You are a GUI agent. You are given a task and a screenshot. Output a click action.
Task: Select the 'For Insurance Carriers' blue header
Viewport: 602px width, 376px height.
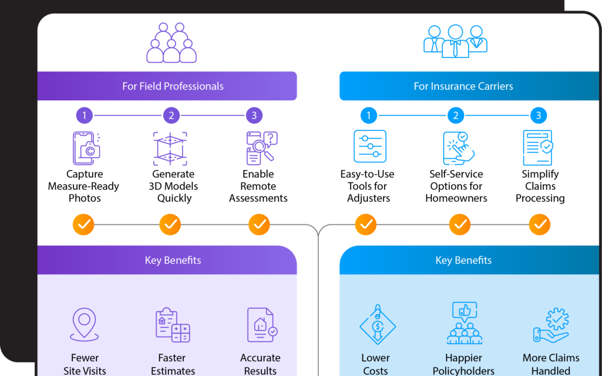463,86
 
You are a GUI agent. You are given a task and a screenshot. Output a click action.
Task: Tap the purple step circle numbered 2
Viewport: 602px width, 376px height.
171,115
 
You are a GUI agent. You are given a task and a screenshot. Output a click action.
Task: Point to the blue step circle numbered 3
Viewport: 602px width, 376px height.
538,115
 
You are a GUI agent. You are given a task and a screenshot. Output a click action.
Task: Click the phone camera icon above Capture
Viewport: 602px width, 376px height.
86,148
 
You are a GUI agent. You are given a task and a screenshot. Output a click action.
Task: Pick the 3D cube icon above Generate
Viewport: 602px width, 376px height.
170,148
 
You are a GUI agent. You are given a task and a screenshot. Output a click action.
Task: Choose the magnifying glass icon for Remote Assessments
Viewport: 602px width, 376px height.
261,148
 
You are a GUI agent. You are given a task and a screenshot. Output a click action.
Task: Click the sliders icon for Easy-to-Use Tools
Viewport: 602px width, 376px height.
370,147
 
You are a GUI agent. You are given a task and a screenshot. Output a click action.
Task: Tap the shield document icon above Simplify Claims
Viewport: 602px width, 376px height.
538,148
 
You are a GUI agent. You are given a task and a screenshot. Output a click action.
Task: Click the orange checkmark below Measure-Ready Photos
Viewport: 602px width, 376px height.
84,224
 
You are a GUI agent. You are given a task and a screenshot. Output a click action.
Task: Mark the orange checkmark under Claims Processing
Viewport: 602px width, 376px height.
540,224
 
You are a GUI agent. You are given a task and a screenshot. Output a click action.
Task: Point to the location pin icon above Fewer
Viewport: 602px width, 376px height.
84,325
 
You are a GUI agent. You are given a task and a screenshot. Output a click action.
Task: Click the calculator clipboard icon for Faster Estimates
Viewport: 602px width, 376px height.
172,325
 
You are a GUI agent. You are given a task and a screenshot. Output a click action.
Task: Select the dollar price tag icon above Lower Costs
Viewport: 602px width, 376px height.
377,325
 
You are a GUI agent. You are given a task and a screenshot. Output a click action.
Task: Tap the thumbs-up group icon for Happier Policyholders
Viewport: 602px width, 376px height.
464,324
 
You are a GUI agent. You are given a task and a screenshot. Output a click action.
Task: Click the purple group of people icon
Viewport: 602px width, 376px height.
172,43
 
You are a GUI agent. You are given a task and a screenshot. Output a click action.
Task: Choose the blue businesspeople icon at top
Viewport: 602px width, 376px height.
455,41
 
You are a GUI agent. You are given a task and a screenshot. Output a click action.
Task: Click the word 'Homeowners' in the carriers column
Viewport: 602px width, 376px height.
456,198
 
